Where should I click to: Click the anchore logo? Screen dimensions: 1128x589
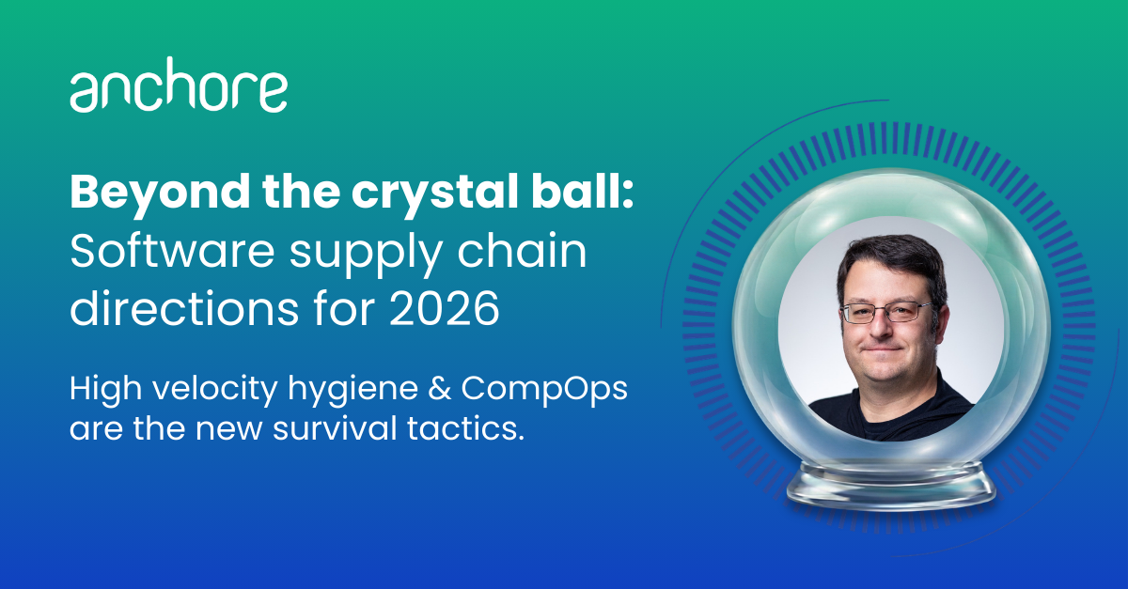point(179,84)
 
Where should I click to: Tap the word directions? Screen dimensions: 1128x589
point(184,307)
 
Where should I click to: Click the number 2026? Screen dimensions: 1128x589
point(445,308)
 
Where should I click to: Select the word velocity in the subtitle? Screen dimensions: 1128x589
point(215,388)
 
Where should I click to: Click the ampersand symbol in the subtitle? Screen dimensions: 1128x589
point(440,388)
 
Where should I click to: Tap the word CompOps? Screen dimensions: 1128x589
point(544,390)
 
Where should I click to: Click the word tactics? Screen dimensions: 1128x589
point(466,429)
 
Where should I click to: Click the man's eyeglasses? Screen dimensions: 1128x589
point(887,312)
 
